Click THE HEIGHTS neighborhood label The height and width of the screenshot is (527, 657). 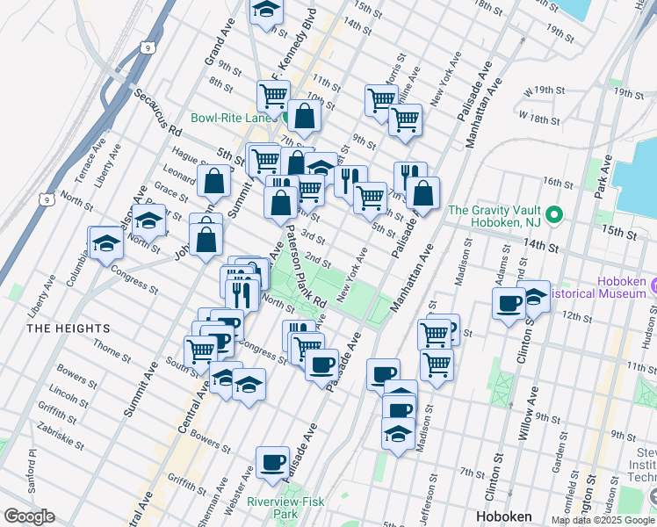tap(69, 328)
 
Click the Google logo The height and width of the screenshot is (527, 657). tap(29, 516)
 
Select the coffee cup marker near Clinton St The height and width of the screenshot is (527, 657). tap(509, 305)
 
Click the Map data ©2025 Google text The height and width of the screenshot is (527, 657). tap(603, 520)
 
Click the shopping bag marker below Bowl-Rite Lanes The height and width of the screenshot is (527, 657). tap(304, 115)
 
